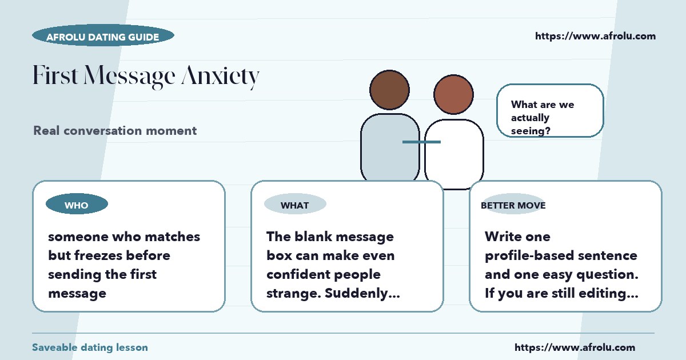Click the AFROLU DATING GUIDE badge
click(103, 35)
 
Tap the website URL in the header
click(595, 36)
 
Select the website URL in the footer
click(575, 347)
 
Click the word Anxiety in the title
click(221, 76)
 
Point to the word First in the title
click(55, 74)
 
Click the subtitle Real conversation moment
click(115, 131)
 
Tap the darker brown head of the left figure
click(389, 90)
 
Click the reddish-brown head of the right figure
click(453, 94)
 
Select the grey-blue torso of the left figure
click(390, 147)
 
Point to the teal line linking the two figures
click(421, 142)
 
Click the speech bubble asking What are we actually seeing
click(550, 110)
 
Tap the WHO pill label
click(77, 204)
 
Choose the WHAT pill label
click(295, 204)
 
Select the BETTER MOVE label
click(513, 205)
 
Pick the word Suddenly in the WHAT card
click(362, 294)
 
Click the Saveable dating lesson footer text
click(90, 347)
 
